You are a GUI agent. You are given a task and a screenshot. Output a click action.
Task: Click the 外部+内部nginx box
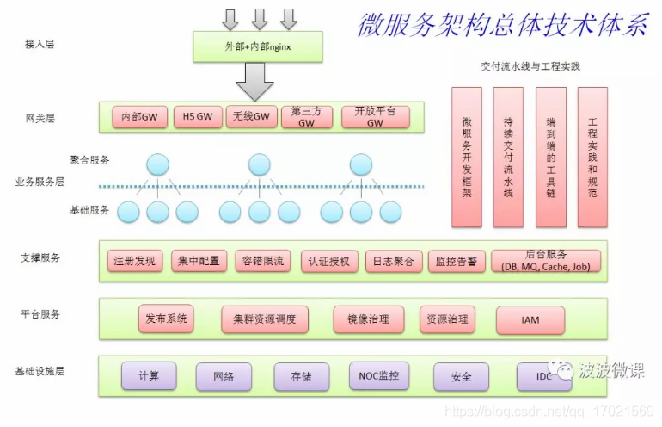[256, 46]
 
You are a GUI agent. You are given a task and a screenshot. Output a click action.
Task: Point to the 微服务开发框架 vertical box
[467, 157]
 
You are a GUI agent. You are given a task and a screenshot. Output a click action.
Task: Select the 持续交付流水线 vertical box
[508, 157]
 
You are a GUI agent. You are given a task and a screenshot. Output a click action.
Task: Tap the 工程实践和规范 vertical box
[592, 157]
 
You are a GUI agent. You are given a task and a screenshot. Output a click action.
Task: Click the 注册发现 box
[134, 261]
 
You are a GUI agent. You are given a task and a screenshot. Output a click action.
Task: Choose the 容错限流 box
[264, 261]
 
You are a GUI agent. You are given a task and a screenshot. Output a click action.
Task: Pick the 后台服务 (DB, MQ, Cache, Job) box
[546, 261]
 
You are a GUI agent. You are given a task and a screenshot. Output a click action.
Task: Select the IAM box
[530, 320]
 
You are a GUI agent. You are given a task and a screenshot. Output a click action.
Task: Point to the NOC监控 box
[379, 375]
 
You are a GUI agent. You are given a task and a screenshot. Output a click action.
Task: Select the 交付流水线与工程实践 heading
[530, 66]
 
